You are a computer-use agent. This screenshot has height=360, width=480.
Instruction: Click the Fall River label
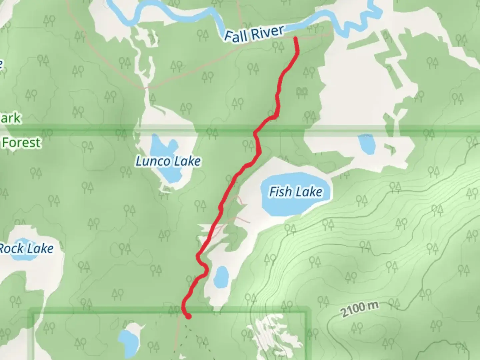(x=254, y=33)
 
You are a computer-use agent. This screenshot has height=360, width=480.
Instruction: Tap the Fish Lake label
(x=296, y=192)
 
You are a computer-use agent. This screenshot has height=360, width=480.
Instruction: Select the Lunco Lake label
(x=168, y=161)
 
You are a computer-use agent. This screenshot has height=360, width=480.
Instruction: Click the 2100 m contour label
(x=360, y=309)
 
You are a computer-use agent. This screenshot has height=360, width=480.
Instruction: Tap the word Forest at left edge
(x=21, y=143)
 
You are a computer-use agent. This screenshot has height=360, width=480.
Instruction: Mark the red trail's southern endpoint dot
(x=189, y=316)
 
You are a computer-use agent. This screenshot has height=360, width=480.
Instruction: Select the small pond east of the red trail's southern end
(x=221, y=277)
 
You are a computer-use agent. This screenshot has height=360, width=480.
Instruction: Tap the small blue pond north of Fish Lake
(x=367, y=144)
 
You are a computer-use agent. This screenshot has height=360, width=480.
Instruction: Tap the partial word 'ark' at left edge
(x=11, y=118)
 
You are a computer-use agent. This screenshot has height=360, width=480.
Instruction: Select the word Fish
(x=280, y=192)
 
